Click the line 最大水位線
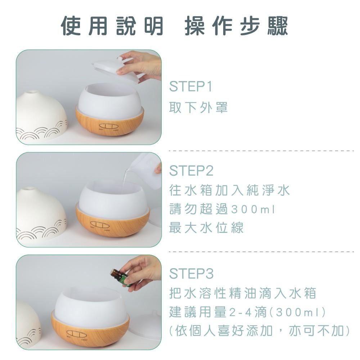206,228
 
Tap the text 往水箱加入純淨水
229,190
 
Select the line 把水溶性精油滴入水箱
243,293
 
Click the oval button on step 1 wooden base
107,126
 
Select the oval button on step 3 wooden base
76,334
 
